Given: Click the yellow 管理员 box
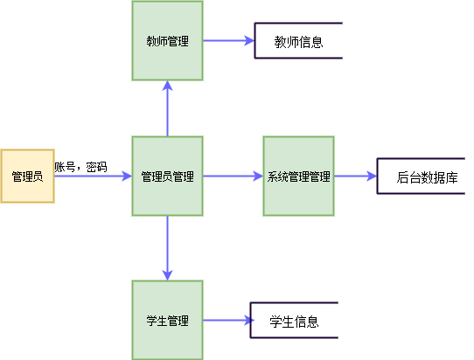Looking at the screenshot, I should (x=27, y=176).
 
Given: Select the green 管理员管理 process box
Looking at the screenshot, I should (x=167, y=176).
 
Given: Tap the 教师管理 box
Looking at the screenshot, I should (x=167, y=40).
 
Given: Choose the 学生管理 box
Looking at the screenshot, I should (x=167, y=320).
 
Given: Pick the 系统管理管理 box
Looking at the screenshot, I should (x=298, y=176).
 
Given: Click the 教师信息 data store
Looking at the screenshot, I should (x=298, y=41).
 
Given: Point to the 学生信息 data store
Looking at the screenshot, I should (x=294, y=321).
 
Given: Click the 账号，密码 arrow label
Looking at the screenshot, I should (x=80, y=166).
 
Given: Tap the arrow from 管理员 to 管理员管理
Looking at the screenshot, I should (x=92, y=176).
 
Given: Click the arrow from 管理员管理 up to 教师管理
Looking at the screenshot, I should (x=167, y=108).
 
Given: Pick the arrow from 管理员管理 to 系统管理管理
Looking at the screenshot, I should (x=233, y=176).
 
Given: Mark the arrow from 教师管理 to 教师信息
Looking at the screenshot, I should (x=227, y=41).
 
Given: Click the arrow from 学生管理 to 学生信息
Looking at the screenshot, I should (x=226, y=321).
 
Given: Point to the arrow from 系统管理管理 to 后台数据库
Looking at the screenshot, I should (x=354, y=176).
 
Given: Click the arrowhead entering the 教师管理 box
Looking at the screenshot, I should (x=167, y=85).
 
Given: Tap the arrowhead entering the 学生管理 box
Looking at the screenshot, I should (x=167, y=274).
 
